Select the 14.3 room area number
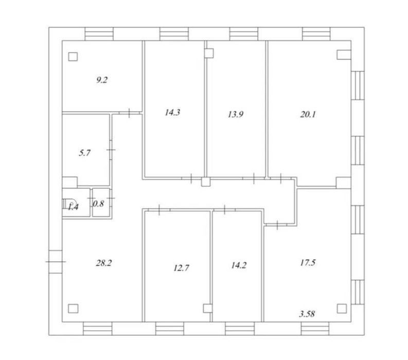pos(172,113)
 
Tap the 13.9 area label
pos(235,115)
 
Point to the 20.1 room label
pos(307,115)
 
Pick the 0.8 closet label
pos(98,204)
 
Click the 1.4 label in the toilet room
pos(73,207)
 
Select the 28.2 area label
pos(103,262)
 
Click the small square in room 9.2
pos(73,57)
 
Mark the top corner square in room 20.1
pos(342,54)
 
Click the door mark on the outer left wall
pos(56,261)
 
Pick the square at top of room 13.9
pos(209,52)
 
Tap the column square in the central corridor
pos(205,181)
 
